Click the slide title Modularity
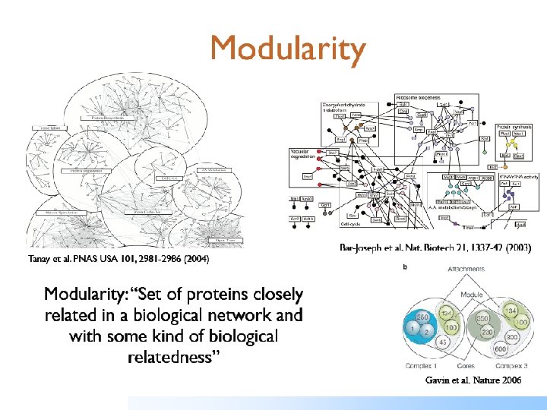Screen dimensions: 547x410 pyautogui.click(x=288, y=50)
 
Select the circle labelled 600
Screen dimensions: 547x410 pyautogui.click(x=501, y=348)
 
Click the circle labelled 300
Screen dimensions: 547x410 pyautogui.click(x=512, y=336)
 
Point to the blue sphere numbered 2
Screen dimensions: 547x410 pyautogui.click(x=427, y=330)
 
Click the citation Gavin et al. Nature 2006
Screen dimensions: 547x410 pyautogui.click(x=473, y=380)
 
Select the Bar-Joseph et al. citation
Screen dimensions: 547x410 pyautogui.click(x=435, y=248)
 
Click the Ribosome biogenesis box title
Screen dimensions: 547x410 pyautogui.click(x=424, y=97)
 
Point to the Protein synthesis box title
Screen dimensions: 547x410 pyautogui.click(x=514, y=127)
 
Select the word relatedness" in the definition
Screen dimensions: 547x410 pyautogui.click(x=173, y=357)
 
